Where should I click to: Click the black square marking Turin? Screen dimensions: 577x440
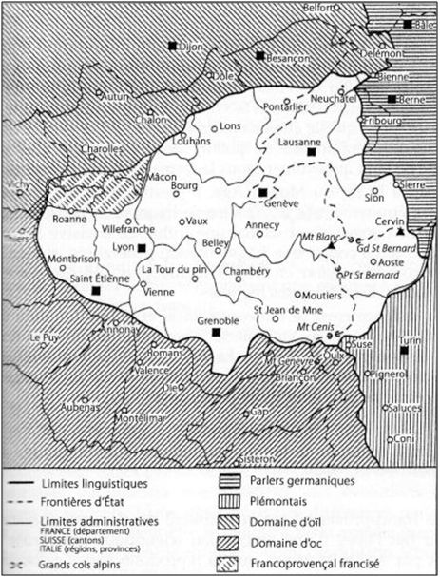pyautogui.click(x=405, y=351)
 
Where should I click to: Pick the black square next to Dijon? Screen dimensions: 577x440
pyautogui.click(x=172, y=45)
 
